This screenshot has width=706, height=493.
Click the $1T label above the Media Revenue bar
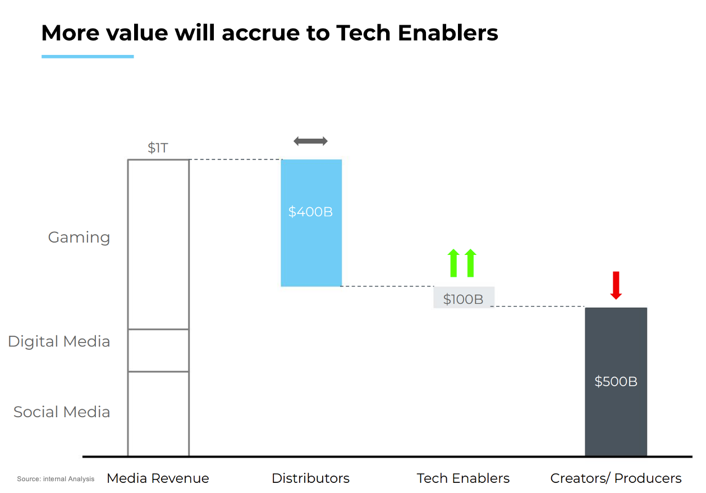(x=158, y=148)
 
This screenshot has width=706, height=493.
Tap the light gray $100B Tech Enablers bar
(x=464, y=298)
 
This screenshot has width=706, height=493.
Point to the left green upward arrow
(x=453, y=263)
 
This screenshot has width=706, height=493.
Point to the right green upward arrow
(x=470, y=263)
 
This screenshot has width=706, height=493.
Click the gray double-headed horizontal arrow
(x=310, y=141)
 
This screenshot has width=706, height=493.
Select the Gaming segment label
(x=79, y=238)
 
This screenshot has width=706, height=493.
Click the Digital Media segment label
(x=59, y=341)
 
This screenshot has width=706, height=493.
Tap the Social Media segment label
(x=62, y=412)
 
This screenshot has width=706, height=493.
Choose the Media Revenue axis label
(x=158, y=478)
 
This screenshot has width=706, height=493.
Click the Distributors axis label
(x=310, y=478)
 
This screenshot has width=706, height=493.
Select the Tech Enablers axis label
(x=463, y=478)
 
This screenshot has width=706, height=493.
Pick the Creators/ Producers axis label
(x=616, y=478)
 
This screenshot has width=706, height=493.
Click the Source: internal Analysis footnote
(x=56, y=479)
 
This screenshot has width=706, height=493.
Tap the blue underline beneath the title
(x=88, y=57)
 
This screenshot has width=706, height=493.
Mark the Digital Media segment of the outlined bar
(x=158, y=350)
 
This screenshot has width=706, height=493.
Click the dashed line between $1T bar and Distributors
(x=235, y=160)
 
